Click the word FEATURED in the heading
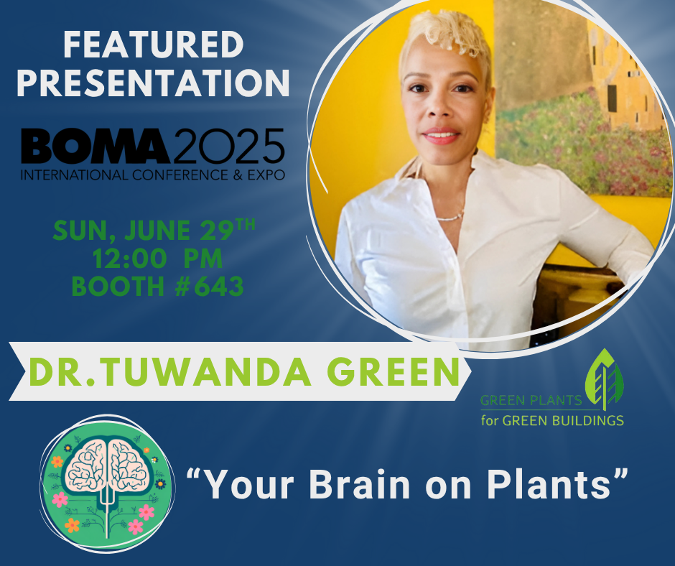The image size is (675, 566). (x=153, y=45)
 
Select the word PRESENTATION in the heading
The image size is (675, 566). (x=153, y=83)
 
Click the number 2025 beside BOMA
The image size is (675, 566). (x=228, y=147)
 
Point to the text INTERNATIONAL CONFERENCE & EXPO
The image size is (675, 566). (x=152, y=175)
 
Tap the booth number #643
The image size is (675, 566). (x=208, y=287)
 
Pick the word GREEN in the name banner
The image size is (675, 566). (x=402, y=372)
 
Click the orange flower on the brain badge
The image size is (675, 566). (x=73, y=525)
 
